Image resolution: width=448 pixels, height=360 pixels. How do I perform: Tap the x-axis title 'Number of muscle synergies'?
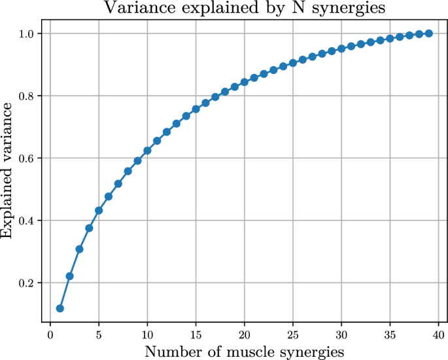point(245,351)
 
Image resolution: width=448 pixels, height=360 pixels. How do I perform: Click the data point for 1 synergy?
point(60,308)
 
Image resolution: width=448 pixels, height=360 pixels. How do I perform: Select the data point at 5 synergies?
point(99,211)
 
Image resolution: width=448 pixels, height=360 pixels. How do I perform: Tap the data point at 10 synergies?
point(147,151)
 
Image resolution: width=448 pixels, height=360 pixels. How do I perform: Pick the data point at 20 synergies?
point(245,82)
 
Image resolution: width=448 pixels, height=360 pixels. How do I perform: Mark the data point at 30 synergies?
point(341,48)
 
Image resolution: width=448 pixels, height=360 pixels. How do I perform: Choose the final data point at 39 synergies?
point(429,33)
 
